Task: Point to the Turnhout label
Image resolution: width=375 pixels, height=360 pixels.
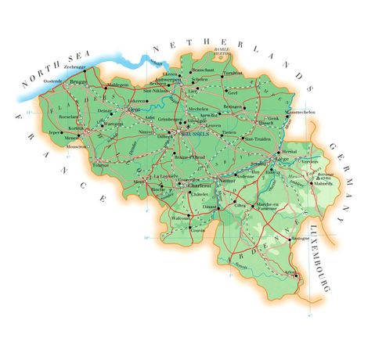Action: pos(232,73)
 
